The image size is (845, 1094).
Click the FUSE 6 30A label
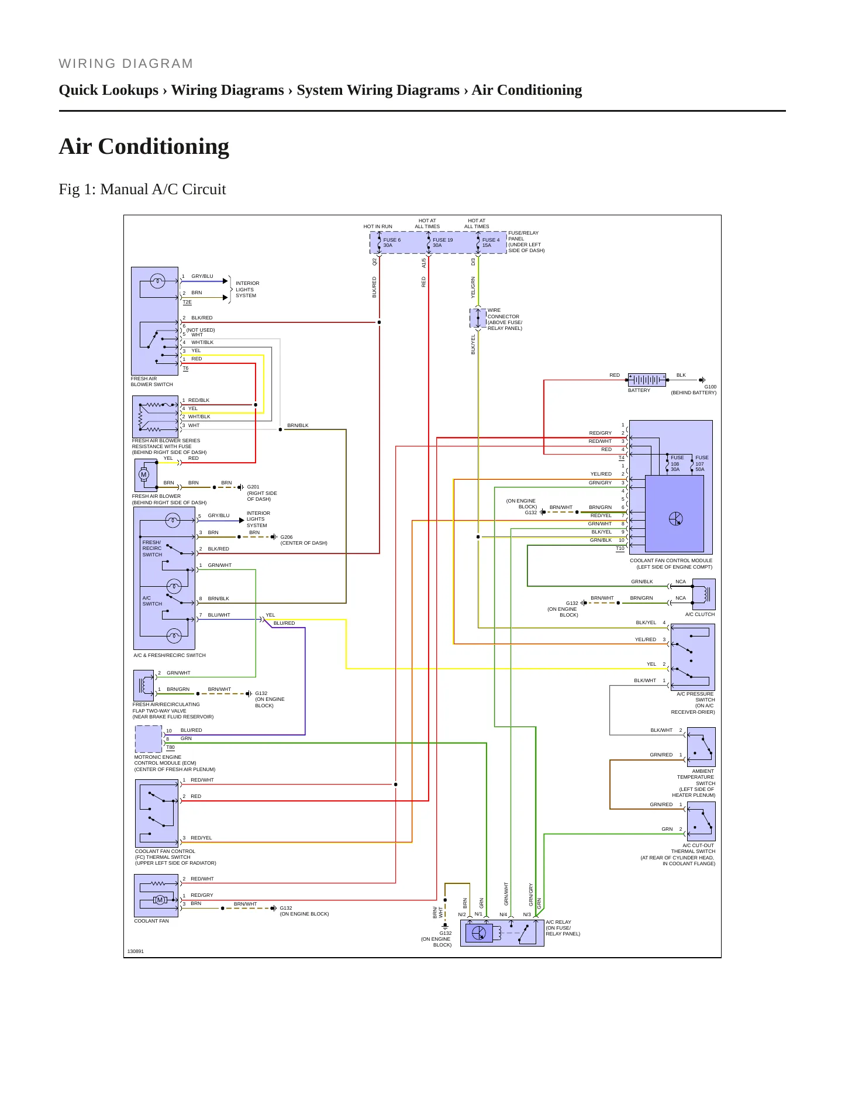pyautogui.click(x=392, y=243)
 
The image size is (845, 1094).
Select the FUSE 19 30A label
pyautogui.click(x=443, y=243)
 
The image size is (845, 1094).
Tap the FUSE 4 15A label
pyautogui.click(x=491, y=243)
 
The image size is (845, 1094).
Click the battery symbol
pyautogui.click(x=647, y=380)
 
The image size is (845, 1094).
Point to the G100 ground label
pyautogui.click(x=710, y=387)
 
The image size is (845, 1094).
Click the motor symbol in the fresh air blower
pyautogui.click(x=144, y=474)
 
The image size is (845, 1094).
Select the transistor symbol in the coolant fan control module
pyautogui.click(x=675, y=518)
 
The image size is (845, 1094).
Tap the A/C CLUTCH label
pyautogui.click(x=700, y=614)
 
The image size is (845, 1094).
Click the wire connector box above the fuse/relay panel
pyautogui.click(x=478, y=318)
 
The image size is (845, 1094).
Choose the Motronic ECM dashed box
pyautogui.click(x=149, y=739)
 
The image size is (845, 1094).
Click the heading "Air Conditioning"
pyautogui.click(x=144, y=146)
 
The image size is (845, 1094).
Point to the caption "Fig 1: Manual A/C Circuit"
pyautogui.click(x=142, y=189)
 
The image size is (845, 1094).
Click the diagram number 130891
pyautogui.click(x=136, y=951)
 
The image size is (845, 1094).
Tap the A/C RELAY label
pyautogui.click(x=558, y=922)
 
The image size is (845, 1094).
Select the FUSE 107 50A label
pyautogui.click(x=702, y=463)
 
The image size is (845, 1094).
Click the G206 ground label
pyautogui.click(x=287, y=537)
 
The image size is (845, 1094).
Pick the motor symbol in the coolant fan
pyautogui.click(x=160, y=900)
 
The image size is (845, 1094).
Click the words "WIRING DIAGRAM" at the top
pyautogui.click(x=126, y=63)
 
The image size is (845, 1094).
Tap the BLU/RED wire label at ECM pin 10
pyautogui.click(x=191, y=730)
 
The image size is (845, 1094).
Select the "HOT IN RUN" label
pyautogui.click(x=378, y=226)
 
